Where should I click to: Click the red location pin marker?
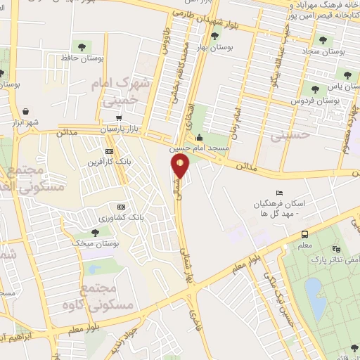click(x=181, y=167)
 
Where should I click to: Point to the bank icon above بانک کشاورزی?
click(x=121, y=207)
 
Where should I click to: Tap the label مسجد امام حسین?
click(x=200, y=149)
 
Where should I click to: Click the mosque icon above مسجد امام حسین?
click(x=200, y=138)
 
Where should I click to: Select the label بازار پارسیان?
click(x=115, y=131)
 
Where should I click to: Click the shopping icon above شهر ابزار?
click(x=26, y=112)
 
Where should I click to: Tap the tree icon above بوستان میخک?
click(x=95, y=232)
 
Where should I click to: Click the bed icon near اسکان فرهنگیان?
click(x=281, y=193)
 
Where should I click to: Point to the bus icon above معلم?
click(x=304, y=234)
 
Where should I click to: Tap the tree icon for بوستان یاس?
click(x=314, y=89)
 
